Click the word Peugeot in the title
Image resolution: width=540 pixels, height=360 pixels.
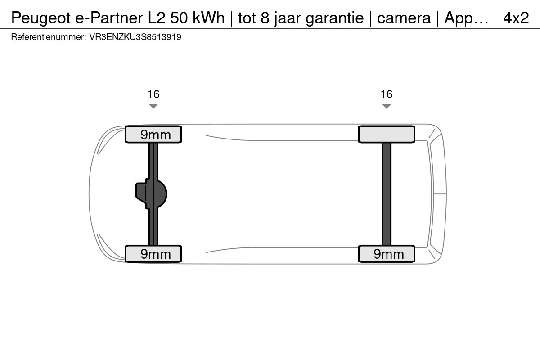coord(41,18)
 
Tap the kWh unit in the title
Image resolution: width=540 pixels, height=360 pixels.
coord(208,18)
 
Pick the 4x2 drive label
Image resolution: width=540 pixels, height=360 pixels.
coord(516,18)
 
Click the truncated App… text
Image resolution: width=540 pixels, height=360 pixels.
coord(466,18)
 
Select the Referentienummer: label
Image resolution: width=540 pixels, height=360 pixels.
coord(49,37)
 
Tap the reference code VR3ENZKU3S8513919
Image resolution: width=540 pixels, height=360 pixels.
coord(135,37)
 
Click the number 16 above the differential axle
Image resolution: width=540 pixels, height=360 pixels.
coord(153,94)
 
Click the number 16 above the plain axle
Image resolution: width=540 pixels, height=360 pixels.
coord(387,94)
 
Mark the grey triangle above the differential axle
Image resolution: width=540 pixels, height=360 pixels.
coord(153,106)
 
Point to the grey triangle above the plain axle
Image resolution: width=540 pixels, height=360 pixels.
coord(387,106)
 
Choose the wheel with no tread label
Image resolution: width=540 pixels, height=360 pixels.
coord(387,134)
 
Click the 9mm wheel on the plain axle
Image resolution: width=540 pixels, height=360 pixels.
coord(387,254)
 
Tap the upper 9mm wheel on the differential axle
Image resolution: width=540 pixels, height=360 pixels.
coord(153,134)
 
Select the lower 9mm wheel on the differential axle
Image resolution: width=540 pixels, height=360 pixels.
coord(153,254)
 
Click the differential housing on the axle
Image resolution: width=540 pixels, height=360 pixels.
coord(151,194)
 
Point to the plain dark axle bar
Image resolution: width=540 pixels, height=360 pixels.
coord(387,194)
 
